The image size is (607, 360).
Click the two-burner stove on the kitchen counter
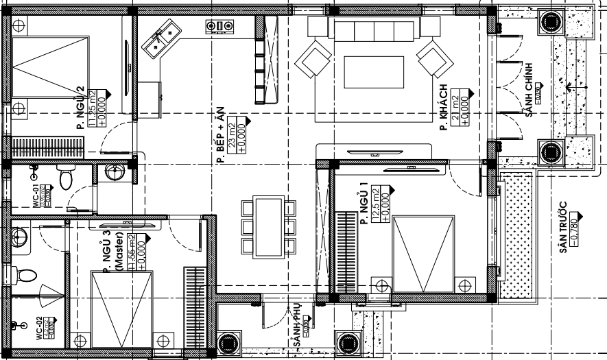click(x=219, y=26)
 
